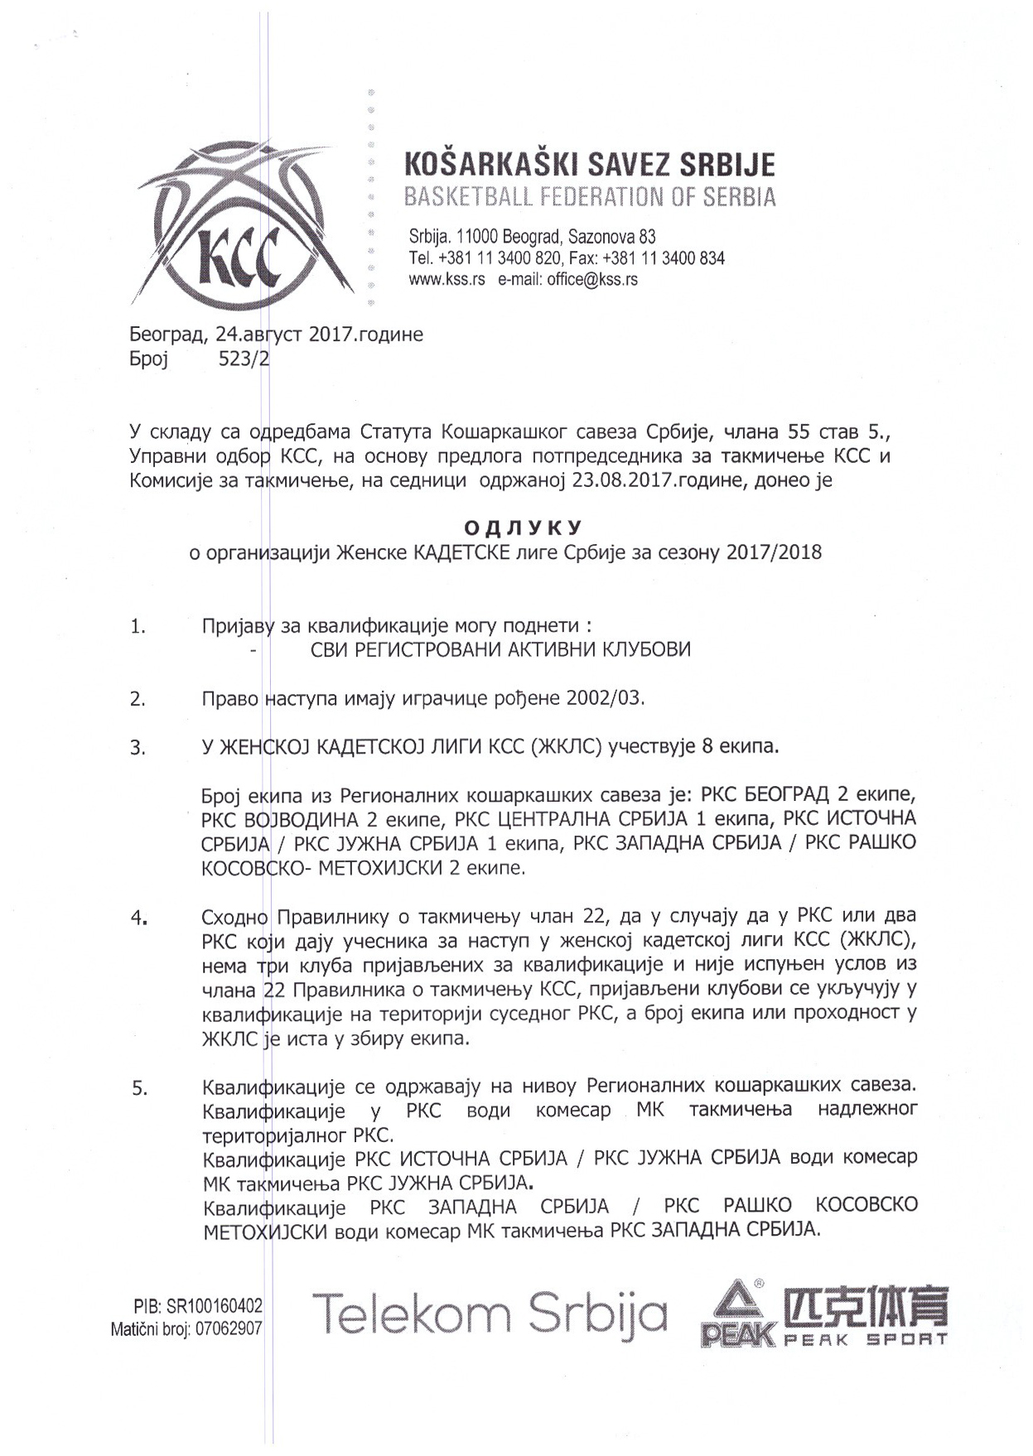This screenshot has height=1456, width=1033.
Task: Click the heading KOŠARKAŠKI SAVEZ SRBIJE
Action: click(589, 165)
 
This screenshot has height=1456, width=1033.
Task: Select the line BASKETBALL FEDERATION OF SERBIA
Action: click(589, 198)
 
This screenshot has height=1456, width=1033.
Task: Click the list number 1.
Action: click(138, 627)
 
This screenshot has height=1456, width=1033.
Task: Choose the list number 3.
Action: click(138, 749)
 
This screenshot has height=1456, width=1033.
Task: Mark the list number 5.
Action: click(139, 1089)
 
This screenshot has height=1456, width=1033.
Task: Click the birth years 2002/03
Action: click(605, 698)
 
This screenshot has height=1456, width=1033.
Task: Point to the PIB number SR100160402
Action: click(215, 1306)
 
